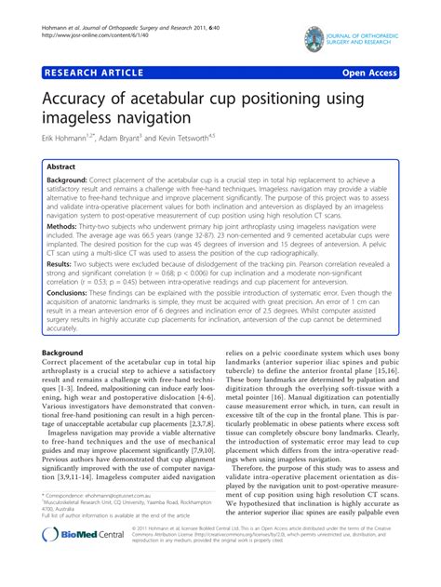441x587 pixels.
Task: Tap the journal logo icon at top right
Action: point(313,37)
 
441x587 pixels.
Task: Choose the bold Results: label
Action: point(60,264)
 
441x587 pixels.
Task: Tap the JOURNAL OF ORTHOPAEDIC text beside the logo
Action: point(367,33)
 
